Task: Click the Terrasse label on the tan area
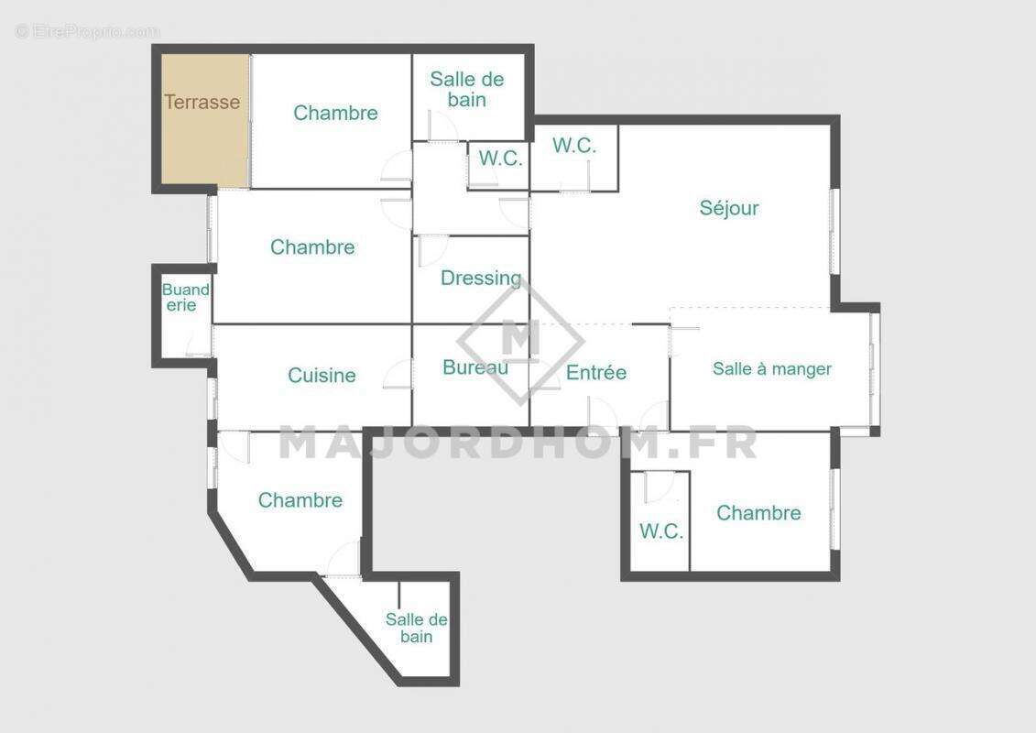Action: click(202, 102)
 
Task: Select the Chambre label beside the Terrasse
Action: click(335, 113)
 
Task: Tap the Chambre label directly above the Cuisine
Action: click(312, 247)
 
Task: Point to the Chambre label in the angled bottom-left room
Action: click(300, 500)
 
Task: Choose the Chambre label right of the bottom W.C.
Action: click(758, 513)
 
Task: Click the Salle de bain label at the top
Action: click(467, 90)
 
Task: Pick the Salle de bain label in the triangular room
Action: click(416, 628)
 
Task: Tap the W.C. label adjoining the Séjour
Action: click(574, 146)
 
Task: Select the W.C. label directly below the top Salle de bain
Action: click(500, 159)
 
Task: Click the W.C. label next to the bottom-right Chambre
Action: click(661, 531)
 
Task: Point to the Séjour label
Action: click(729, 208)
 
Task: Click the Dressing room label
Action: click(481, 278)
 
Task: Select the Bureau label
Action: click(475, 367)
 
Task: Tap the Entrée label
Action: click(596, 372)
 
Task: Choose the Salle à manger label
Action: click(772, 369)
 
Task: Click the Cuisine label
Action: click(322, 376)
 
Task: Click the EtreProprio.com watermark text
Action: click(87, 31)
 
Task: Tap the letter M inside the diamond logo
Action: click(520, 339)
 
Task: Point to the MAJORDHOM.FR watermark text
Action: click(518, 443)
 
